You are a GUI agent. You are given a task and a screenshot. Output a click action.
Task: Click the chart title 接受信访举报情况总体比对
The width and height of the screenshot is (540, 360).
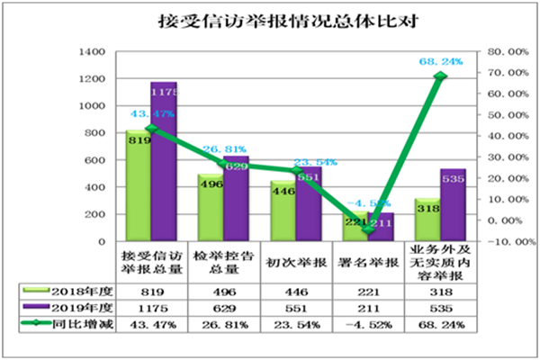(270, 20)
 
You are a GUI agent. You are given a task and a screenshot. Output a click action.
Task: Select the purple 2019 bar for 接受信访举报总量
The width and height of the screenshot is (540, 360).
(164, 162)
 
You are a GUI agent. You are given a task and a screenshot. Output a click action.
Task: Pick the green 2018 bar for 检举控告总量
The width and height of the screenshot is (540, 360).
(211, 208)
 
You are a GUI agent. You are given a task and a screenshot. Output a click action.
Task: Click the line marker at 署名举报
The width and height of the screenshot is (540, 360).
(367, 230)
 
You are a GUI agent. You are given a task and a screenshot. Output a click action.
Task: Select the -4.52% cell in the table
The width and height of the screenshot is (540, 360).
(368, 323)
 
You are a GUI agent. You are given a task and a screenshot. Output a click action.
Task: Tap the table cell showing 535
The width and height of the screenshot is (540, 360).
(440, 308)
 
